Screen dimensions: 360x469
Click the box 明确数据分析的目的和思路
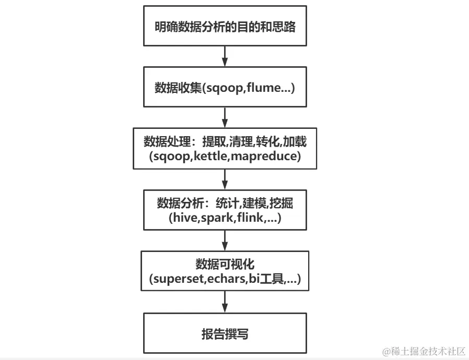click(225, 27)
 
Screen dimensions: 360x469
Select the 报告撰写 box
click(225, 334)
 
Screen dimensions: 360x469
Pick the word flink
click(250, 218)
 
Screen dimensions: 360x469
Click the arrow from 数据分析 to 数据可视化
click(225, 240)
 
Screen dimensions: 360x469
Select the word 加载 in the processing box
click(296, 142)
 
